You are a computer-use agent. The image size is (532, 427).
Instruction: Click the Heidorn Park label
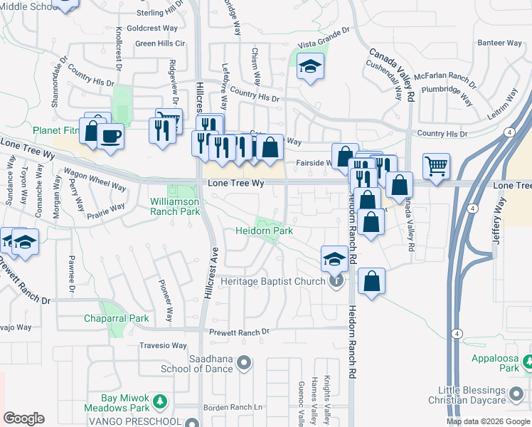point(265,231)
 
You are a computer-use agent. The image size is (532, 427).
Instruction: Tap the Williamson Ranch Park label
point(175,206)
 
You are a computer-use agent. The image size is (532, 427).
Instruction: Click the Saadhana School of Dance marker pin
point(245,364)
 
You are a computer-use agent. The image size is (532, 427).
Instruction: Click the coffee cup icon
point(110,135)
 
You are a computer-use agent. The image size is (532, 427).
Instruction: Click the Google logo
point(24,418)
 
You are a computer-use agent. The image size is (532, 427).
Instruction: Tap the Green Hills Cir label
point(160,43)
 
